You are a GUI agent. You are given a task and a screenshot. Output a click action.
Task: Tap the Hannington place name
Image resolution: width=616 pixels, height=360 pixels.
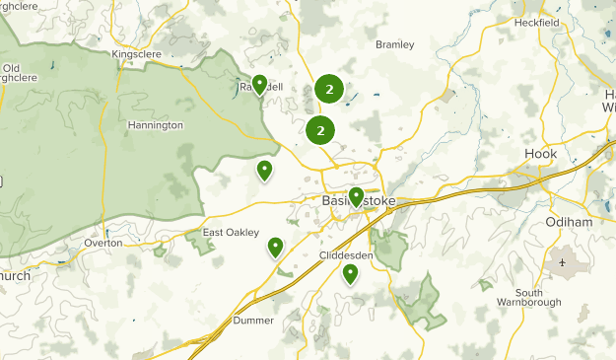tap(155, 125)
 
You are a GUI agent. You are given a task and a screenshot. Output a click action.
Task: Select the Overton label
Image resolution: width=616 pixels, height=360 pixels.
tap(103, 242)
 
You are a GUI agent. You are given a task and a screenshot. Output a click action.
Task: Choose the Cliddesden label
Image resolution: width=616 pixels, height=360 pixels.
tap(346, 254)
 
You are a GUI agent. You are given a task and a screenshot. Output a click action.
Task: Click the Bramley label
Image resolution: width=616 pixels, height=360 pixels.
tap(395, 44)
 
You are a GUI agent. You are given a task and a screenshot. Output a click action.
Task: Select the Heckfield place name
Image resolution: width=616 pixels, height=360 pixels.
tap(536, 22)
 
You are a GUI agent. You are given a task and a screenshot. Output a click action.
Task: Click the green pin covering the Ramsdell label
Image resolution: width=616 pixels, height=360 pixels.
tap(259, 85)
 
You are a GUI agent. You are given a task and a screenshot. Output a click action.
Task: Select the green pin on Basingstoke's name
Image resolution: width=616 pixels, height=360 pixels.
tap(356, 196)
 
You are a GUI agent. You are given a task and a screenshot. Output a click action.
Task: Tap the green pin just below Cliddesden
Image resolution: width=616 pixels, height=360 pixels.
tap(350, 273)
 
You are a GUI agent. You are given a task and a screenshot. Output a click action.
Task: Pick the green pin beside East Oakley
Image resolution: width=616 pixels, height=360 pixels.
tap(276, 247)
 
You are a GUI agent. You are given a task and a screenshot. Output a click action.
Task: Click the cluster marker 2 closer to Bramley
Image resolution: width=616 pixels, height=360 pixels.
tap(329, 90)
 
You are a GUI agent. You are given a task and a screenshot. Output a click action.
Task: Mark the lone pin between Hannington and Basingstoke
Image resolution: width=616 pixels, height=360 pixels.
tap(264, 171)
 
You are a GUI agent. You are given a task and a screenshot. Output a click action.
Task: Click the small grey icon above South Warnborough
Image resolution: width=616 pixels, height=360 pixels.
tap(563, 263)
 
